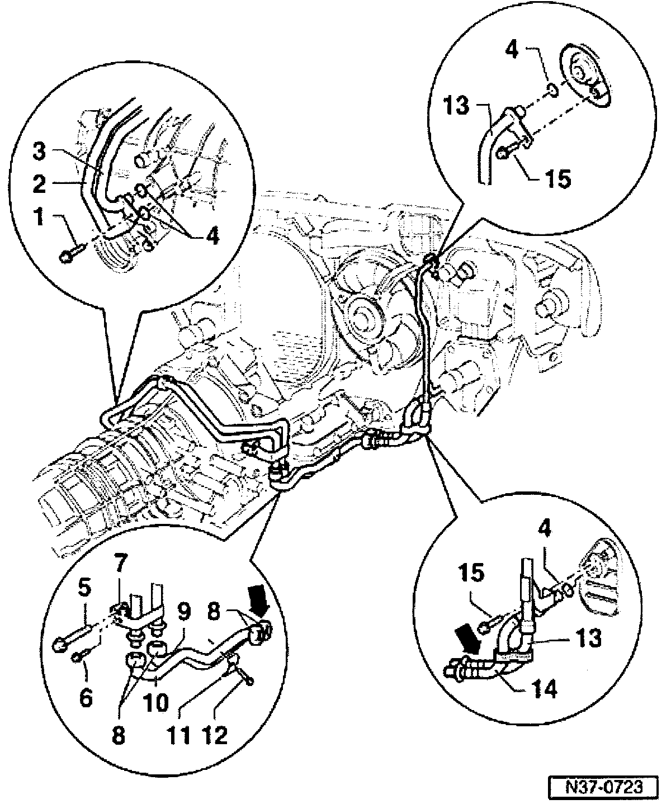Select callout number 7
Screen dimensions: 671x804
pyautogui.click(x=121, y=576)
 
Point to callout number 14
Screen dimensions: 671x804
pyautogui.click(x=544, y=689)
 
